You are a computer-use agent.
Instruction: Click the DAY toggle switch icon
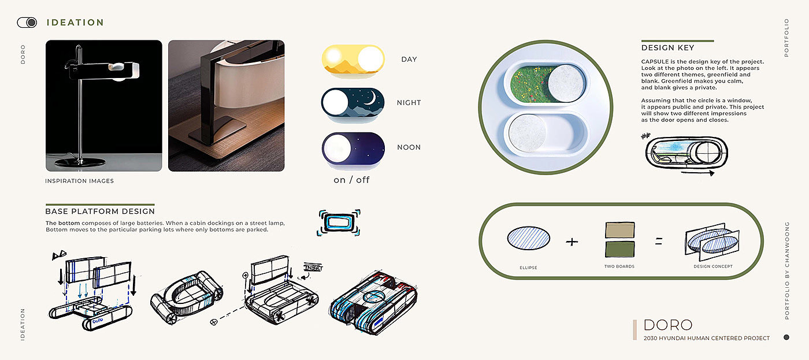click(352, 60)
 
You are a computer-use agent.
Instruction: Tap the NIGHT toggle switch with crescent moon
click(352, 103)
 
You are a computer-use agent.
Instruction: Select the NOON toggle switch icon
click(352, 147)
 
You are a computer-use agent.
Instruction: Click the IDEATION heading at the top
click(75, 23)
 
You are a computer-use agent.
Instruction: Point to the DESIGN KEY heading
click(667, 48)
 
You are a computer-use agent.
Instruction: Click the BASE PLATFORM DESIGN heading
click(100, 211)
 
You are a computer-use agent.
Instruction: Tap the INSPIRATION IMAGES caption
click(79, 181)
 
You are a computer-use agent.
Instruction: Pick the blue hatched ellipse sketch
click(528, 237)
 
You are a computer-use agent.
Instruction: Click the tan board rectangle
click(619, 230)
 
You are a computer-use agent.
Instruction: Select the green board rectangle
click(619, 250)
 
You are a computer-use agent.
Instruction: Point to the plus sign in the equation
click(572, 242)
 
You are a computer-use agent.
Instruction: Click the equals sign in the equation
click(659, 241)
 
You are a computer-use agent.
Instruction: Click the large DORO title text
click(667, 325)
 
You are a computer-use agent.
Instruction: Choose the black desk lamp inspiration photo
click(103, 106)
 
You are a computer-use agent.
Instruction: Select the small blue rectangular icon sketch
click(339, 222)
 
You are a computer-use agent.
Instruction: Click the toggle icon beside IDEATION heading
click(27, 23)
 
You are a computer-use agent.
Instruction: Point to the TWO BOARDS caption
click(619, 266)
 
